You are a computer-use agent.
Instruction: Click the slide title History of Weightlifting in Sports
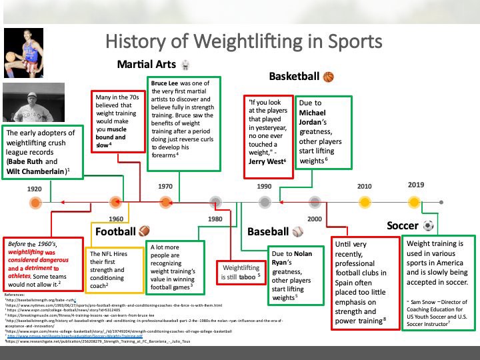click(244, 41)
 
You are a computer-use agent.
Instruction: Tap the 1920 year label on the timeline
click(35, 189)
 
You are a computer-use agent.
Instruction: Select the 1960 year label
click(116, 218)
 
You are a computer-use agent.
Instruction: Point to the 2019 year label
click(415, 185)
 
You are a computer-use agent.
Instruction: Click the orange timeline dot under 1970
click(165, 201)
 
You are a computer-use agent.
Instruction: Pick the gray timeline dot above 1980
click(215, 201)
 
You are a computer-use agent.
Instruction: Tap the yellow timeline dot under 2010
click(364, 201)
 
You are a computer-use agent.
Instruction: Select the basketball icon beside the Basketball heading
click(328, 77)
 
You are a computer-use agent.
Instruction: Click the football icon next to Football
click(145, 232)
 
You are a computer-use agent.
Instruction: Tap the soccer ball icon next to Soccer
click(428, 226)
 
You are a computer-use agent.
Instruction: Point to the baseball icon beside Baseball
click(297, 232)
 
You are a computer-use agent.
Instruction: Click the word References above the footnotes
click(18, 293)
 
